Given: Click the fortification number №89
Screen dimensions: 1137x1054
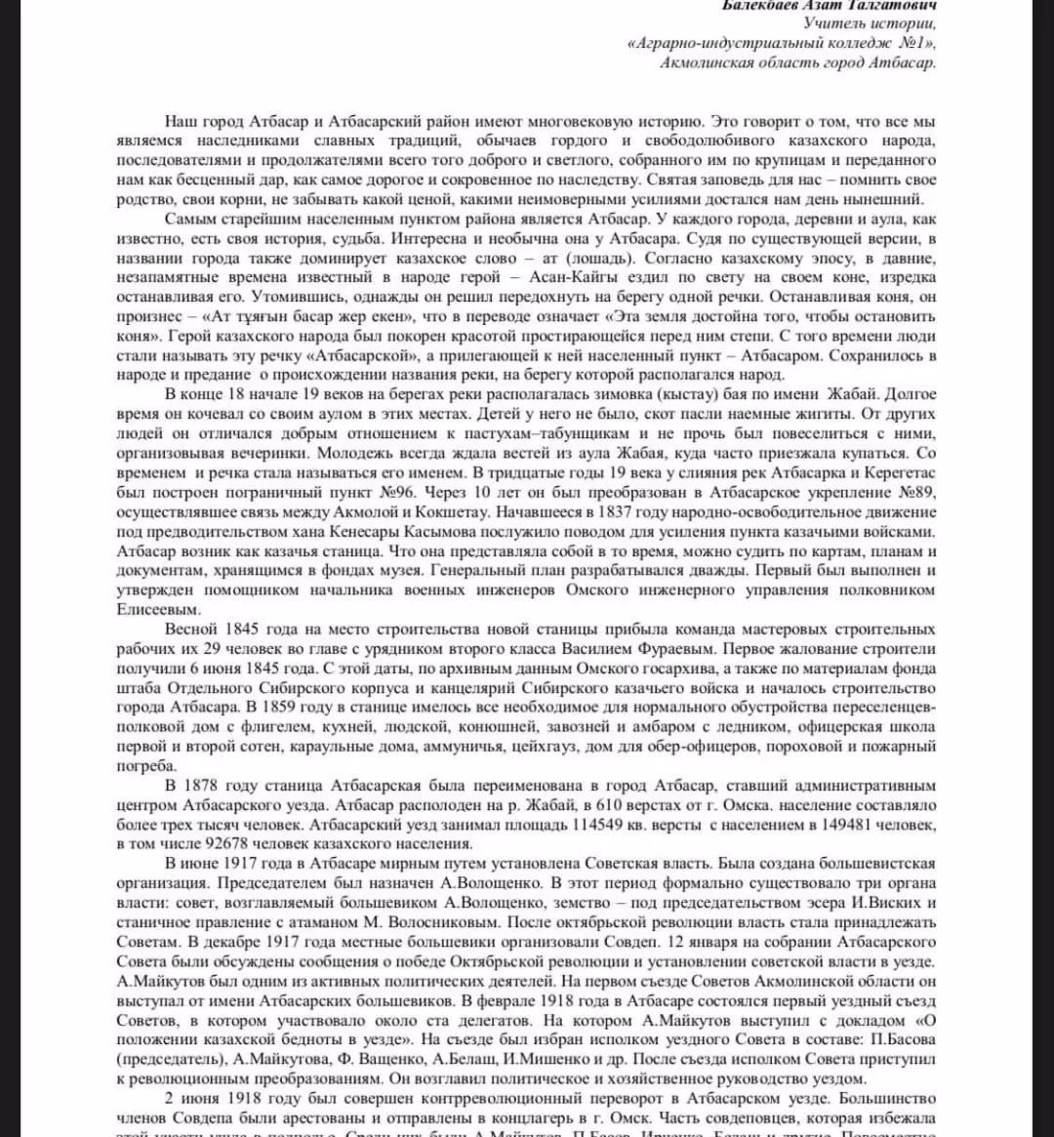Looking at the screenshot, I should coord(912,491).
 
